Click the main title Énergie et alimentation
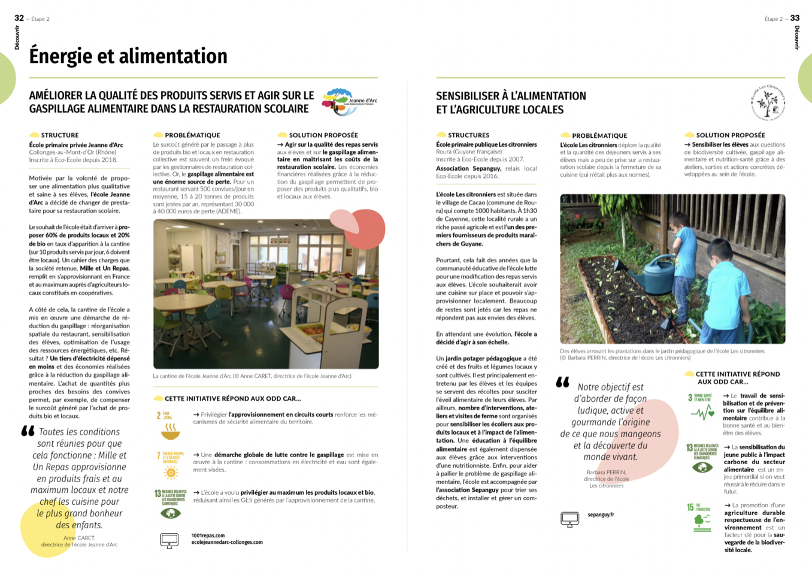pyautogui.click(x=128, y=56)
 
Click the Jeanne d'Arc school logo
pyautogui.click(x=349, y=102)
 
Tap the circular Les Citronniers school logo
pyautogui.click(x=768, y=102)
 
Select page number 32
pyautogui.click(x=19, y=18)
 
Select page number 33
pyautogui.click(x=795, y=18)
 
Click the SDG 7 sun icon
pyautogui.click(x=171, y=473)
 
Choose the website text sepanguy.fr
pyautogui.click(x=601, y=515)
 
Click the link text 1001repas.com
pyautogui.click(x=208, y=535)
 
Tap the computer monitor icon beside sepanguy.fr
pyautogui.click(x=569, y=519)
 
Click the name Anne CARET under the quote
pyautogui.click(x=79, y=538)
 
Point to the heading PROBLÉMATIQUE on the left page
pyautogui.click(x=192, y=135)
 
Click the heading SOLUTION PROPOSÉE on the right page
pyautogui.click(x=730, y=135)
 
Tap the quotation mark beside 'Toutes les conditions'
pyautogui.click(x=28, y=431)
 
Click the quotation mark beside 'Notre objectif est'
pyautogui.click(x=562, y=382)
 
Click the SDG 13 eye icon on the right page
pyautogui.click(x=702, y=467)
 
